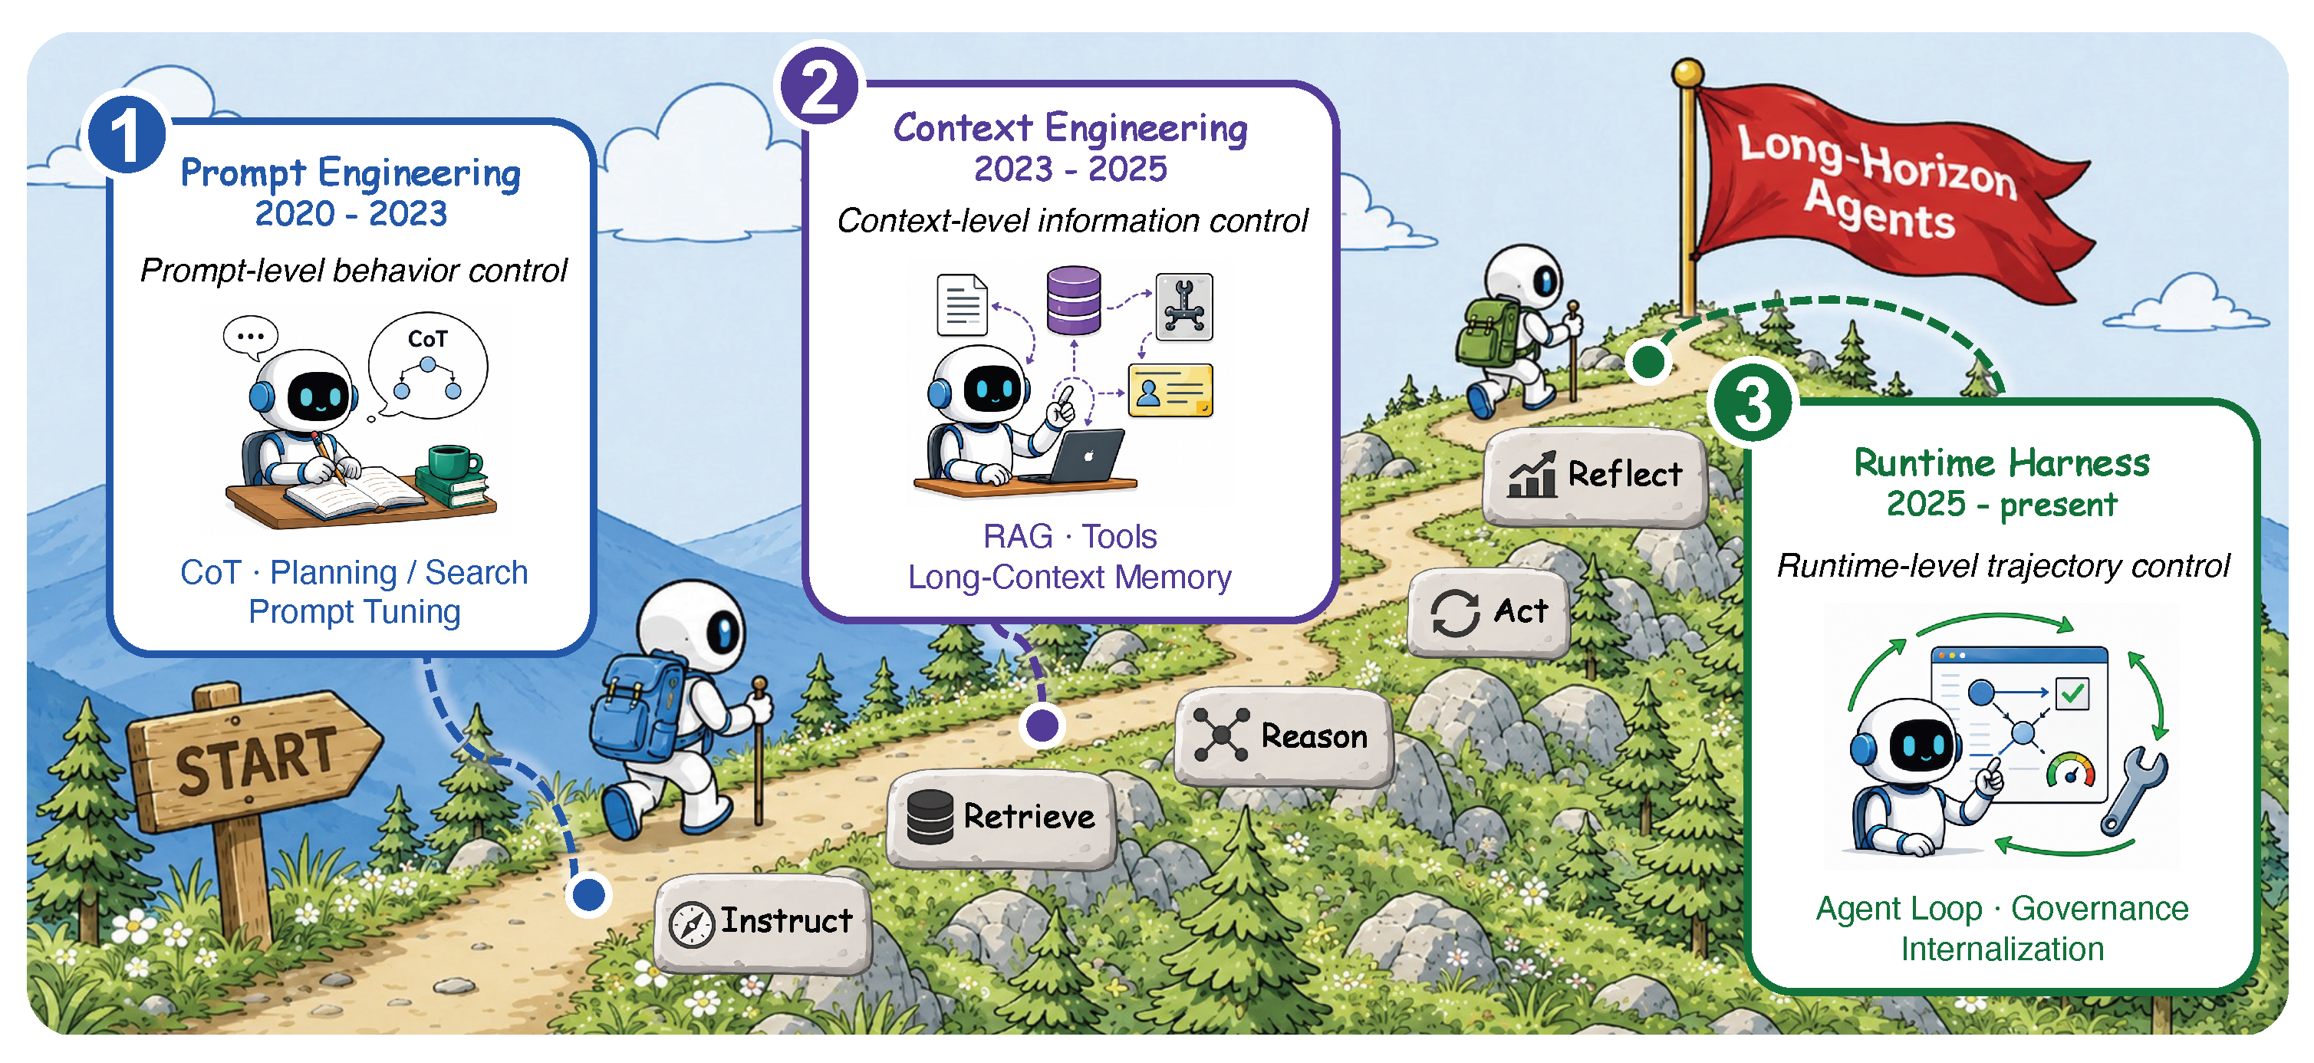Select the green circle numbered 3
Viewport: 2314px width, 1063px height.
pyautogui.click(x=1753, y=403)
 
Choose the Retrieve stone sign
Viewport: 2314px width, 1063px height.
pyautogui.click(x=1002, y=818)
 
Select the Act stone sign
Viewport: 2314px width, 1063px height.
pyautogui.click(x=1489, y=613)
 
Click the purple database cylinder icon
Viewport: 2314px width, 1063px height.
pyautogui.click(x=1074, y=299)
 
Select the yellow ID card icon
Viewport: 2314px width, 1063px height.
pyautogui.click(x=1170, y=390)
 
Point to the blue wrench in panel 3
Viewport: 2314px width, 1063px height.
pyautogui.click(x=2134, y=791)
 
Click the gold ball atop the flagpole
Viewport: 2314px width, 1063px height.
pyautogui.click(x=1688, y=73)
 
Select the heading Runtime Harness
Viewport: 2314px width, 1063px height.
pyautogui.click(x=2003, y=462)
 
